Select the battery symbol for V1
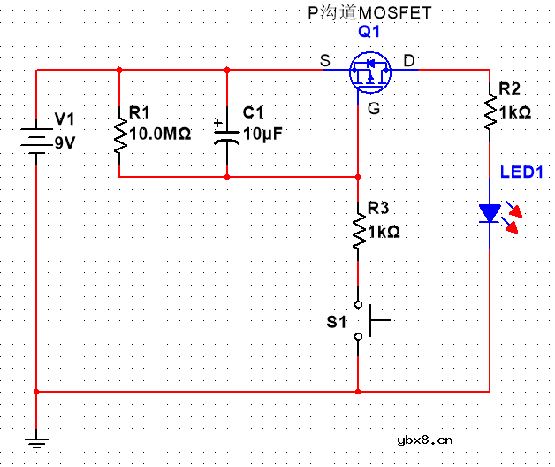(x=35, y=139)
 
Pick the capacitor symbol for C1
(x=227, y=134)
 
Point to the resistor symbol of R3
(x=358, y=230)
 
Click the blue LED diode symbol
(x=490, y=213)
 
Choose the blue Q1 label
(x=369, y=32)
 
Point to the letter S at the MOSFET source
(x=325, y=61)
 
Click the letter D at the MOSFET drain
(x=408, y=60)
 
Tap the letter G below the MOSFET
(x=375, y=108)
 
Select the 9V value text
(x=65, y=142)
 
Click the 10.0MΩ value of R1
(x=160, y=134)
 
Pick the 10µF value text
(x=263, y=134)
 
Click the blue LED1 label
(x=521, y=172)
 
